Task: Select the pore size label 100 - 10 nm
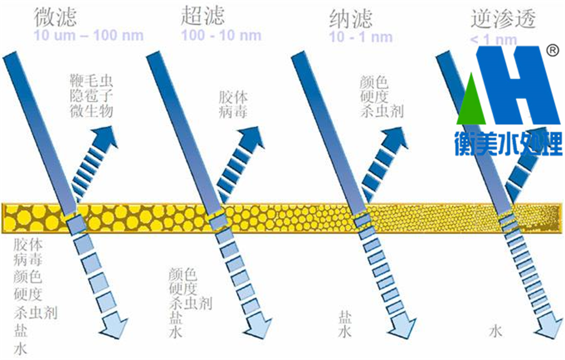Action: [221, 36]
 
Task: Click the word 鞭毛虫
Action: [92, 79]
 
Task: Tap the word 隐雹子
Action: [92, 94]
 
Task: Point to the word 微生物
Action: [92, 110]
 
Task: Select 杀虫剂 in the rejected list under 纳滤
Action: [381, 110]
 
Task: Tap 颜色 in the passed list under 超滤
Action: [182, 275]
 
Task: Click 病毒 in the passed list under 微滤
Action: [28, 261]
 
